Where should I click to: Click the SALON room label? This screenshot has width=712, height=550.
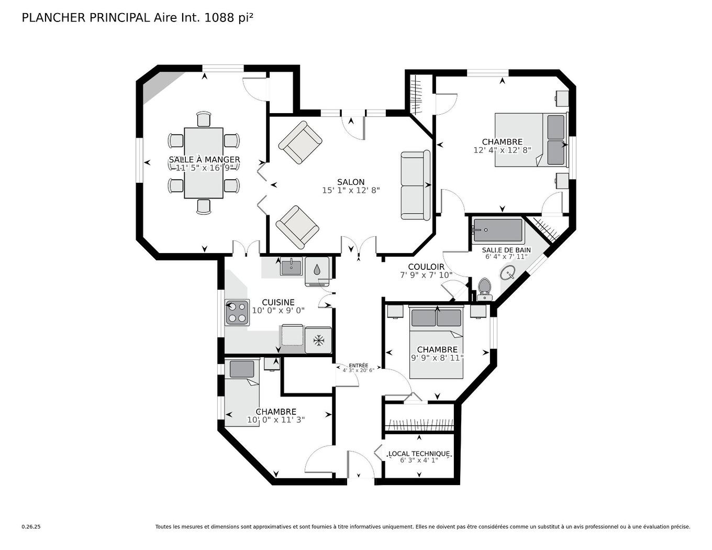pos(351,182)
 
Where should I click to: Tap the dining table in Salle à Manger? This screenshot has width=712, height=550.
pos(204,163)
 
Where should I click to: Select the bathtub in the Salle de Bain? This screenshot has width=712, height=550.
pos(497,230)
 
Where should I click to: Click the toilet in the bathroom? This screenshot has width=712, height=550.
pos(484,288)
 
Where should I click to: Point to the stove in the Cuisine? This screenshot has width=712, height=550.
pos(237,312)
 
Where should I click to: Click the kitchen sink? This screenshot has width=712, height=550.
pos(291,267)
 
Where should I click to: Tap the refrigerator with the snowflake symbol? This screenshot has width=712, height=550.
pos(318,340)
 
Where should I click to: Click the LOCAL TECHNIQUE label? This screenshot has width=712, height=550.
pos(419,454)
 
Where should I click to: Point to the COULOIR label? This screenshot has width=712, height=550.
pos(426,267)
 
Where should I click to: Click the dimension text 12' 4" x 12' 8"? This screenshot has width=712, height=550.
pos(502,150)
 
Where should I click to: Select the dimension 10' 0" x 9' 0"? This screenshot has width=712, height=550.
pos(278,310)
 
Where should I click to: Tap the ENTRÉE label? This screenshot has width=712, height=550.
pos(359,366)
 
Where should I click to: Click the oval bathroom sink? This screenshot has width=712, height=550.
pos(508,272)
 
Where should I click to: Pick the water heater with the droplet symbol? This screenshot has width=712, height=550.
pos(317,270)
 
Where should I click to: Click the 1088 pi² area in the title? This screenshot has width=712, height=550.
pos(229,17)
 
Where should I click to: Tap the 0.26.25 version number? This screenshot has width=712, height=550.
pos(31,527)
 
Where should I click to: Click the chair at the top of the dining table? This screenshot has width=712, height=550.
pos(204,119)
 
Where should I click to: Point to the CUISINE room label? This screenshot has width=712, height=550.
pos(278,302)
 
